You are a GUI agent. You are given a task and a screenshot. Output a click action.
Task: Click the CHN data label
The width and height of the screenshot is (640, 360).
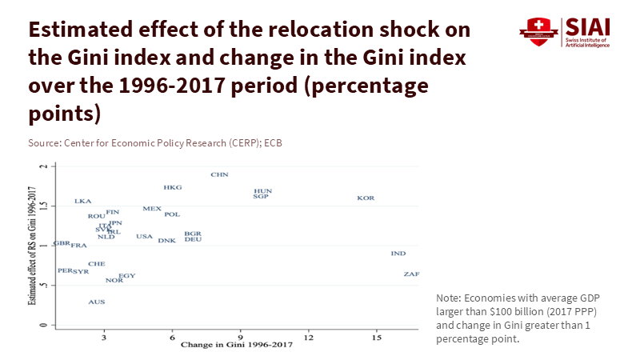220,174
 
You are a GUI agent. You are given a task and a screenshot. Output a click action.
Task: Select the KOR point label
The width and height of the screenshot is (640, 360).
366,198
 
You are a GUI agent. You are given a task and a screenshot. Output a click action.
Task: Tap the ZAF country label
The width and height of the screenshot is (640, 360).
411,274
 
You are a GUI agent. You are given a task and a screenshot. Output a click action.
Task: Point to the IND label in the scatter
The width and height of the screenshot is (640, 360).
398,254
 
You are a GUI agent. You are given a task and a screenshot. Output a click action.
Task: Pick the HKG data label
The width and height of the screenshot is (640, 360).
173,187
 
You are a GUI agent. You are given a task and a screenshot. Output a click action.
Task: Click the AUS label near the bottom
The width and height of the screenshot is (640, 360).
97,302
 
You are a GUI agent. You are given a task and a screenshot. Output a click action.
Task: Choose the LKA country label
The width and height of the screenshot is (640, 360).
83,202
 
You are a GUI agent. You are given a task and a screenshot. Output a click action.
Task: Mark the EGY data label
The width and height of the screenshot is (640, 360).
127,276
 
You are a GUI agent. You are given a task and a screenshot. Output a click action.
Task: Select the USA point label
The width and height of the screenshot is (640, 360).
144,237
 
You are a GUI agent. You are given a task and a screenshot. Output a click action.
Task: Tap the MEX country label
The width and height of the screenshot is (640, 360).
152,209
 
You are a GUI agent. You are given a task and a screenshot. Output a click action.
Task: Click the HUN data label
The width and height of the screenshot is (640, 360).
263,191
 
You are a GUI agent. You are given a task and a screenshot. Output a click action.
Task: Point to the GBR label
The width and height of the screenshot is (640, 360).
62,243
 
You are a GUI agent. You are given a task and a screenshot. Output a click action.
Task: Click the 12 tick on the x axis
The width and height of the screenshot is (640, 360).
308,338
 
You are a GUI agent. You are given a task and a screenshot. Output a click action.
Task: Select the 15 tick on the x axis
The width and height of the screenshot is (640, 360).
376,338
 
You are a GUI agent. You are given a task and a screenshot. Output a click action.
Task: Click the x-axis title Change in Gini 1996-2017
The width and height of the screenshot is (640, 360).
237,346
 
